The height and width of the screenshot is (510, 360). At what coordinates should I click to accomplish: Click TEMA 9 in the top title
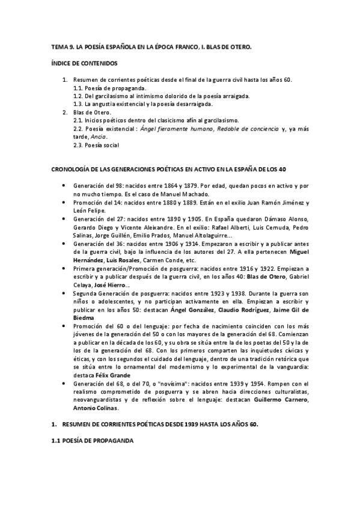61,46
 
